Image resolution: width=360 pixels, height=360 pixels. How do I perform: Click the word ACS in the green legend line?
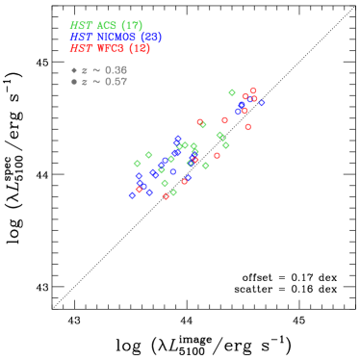pos(108,26)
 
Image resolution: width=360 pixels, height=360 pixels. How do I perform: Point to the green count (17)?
pos(132,26)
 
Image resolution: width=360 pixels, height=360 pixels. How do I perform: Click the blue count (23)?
pos(151,38)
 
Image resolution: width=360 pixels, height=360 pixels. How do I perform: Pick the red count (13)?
pos(140,49)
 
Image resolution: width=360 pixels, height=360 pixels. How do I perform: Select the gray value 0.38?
pos(116,70)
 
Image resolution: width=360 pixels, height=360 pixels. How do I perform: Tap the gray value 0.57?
pos(116,82)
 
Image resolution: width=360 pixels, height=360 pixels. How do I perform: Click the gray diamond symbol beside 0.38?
pos(74,70)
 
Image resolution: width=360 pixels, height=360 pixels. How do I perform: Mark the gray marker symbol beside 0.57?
pos(74,82)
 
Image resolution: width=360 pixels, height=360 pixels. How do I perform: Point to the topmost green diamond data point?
pos(232,93)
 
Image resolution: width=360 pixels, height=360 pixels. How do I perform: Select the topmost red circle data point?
pos(253,91)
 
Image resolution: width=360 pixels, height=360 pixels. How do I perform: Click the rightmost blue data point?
pos(262,103)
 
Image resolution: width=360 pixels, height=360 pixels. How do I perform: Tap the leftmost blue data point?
pos(132,195)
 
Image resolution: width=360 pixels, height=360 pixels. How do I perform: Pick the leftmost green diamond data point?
pos(137,164)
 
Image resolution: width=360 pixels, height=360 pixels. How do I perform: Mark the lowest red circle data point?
pos(166,196)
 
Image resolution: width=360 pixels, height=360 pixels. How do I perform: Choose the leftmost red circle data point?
pos(139,190)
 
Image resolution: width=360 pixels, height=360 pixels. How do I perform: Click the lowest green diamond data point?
pos(173,193)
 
